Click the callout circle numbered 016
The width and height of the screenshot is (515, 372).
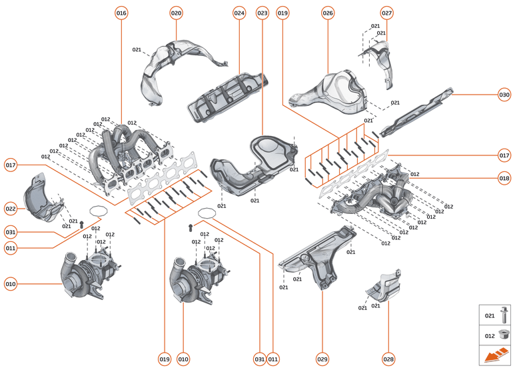click(121, 13)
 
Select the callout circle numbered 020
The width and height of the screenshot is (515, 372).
click(176, 13)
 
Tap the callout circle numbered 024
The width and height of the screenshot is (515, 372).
click(240, 13)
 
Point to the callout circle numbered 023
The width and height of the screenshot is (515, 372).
click(262, 13)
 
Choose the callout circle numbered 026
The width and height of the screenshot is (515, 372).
click(328, 13)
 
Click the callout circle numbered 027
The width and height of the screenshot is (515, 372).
click(387, 13)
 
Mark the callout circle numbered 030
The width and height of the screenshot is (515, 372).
click(504, 94)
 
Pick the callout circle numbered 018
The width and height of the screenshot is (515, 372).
click(504, 178)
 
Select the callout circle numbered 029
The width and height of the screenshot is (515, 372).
click(322, 359)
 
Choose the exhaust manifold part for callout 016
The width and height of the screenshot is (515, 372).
click(130, 153)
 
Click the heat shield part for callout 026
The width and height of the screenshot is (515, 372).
click(333, 93)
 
